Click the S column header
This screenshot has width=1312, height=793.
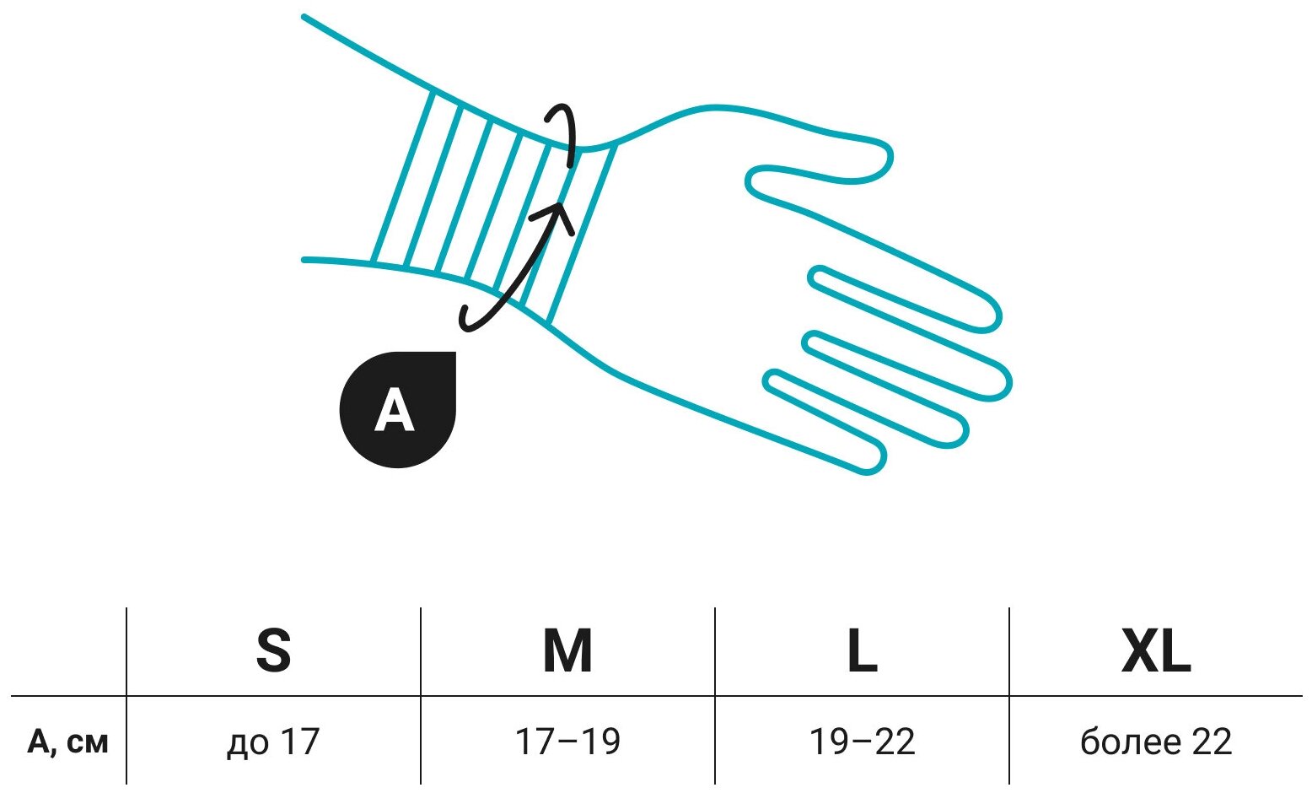(x=273, y=651)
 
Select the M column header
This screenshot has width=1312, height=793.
(x=567, y=651)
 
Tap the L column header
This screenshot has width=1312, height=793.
(x=862, y=651)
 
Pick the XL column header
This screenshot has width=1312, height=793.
(x=1156, y=651)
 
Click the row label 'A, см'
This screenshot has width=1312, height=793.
(x=67, y=742)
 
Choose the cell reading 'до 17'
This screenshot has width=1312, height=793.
(x=273, y=742)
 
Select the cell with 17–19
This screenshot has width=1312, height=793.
(x=567, y=742)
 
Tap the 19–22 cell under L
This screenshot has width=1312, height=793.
(x=862, y=742)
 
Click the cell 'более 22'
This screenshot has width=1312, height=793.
(x=1156, y=742)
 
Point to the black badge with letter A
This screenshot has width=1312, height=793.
(x=397, y=410)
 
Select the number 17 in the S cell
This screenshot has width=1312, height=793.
(x=300, y=742)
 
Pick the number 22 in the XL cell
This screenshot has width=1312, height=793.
(x=1211, y=742)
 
